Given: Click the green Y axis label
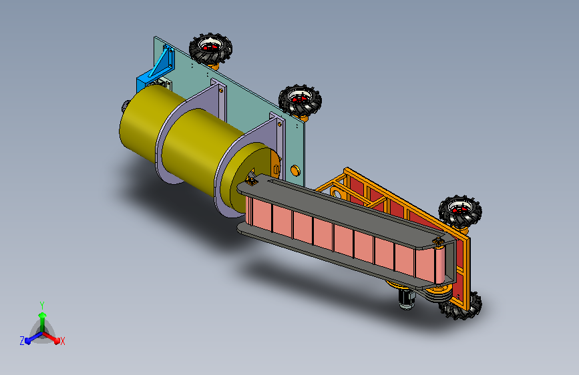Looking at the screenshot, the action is tap(42, 306).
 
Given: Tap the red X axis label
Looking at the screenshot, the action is tap(62, 341).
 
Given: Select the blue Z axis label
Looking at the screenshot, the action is tap(22, 341).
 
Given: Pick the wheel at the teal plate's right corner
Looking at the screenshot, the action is tap(300, 99).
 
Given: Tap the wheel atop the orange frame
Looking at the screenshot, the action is tap(460, 212).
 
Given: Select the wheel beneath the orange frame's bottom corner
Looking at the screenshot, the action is tap(461, 307).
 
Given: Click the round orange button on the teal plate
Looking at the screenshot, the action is tap(295, 171).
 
